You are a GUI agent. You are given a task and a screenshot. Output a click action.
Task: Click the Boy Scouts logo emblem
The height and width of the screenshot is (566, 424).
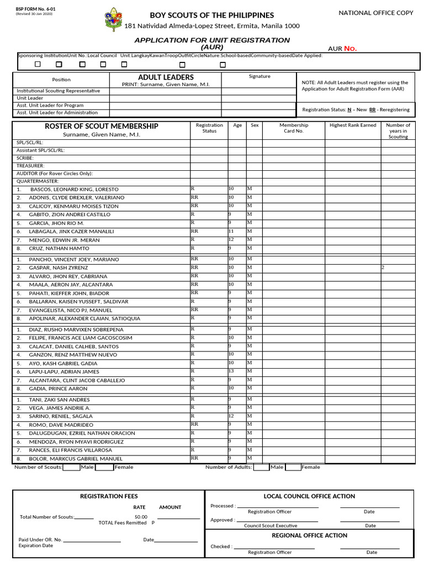113,19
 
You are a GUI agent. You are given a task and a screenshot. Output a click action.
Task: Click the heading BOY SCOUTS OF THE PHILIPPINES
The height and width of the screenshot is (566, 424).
212,15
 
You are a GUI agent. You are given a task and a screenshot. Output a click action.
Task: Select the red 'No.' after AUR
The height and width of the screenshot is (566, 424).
351,49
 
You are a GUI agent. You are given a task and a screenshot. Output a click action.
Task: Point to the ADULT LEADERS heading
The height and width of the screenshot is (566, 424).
166,77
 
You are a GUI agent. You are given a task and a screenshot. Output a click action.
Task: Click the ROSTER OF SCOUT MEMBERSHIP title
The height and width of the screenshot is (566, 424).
102,126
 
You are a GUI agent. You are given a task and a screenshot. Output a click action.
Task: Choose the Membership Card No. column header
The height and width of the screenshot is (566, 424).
293,128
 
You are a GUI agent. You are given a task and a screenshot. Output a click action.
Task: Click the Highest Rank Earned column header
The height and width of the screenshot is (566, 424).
352,125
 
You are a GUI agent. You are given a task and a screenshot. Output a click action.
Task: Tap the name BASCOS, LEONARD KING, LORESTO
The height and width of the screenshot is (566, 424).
75,189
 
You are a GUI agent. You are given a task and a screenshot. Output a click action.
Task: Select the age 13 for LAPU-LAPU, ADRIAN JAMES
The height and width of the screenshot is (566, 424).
232,371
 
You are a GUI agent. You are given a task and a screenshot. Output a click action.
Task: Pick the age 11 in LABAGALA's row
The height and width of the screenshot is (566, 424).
231,231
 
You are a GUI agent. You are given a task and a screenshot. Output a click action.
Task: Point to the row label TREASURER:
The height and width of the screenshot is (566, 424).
30,166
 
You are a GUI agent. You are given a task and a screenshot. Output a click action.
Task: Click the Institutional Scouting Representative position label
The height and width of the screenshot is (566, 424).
59,91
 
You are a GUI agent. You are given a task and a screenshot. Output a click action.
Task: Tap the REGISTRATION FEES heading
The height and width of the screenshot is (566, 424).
109,496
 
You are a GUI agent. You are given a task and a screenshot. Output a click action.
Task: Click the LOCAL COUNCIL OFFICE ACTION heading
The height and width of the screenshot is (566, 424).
309,496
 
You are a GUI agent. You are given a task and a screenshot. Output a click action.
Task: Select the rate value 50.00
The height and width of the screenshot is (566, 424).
141,517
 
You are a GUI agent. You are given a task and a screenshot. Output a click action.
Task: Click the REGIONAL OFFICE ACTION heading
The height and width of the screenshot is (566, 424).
309,535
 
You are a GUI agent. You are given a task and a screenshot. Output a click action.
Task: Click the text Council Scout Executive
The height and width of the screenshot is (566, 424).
271,526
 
